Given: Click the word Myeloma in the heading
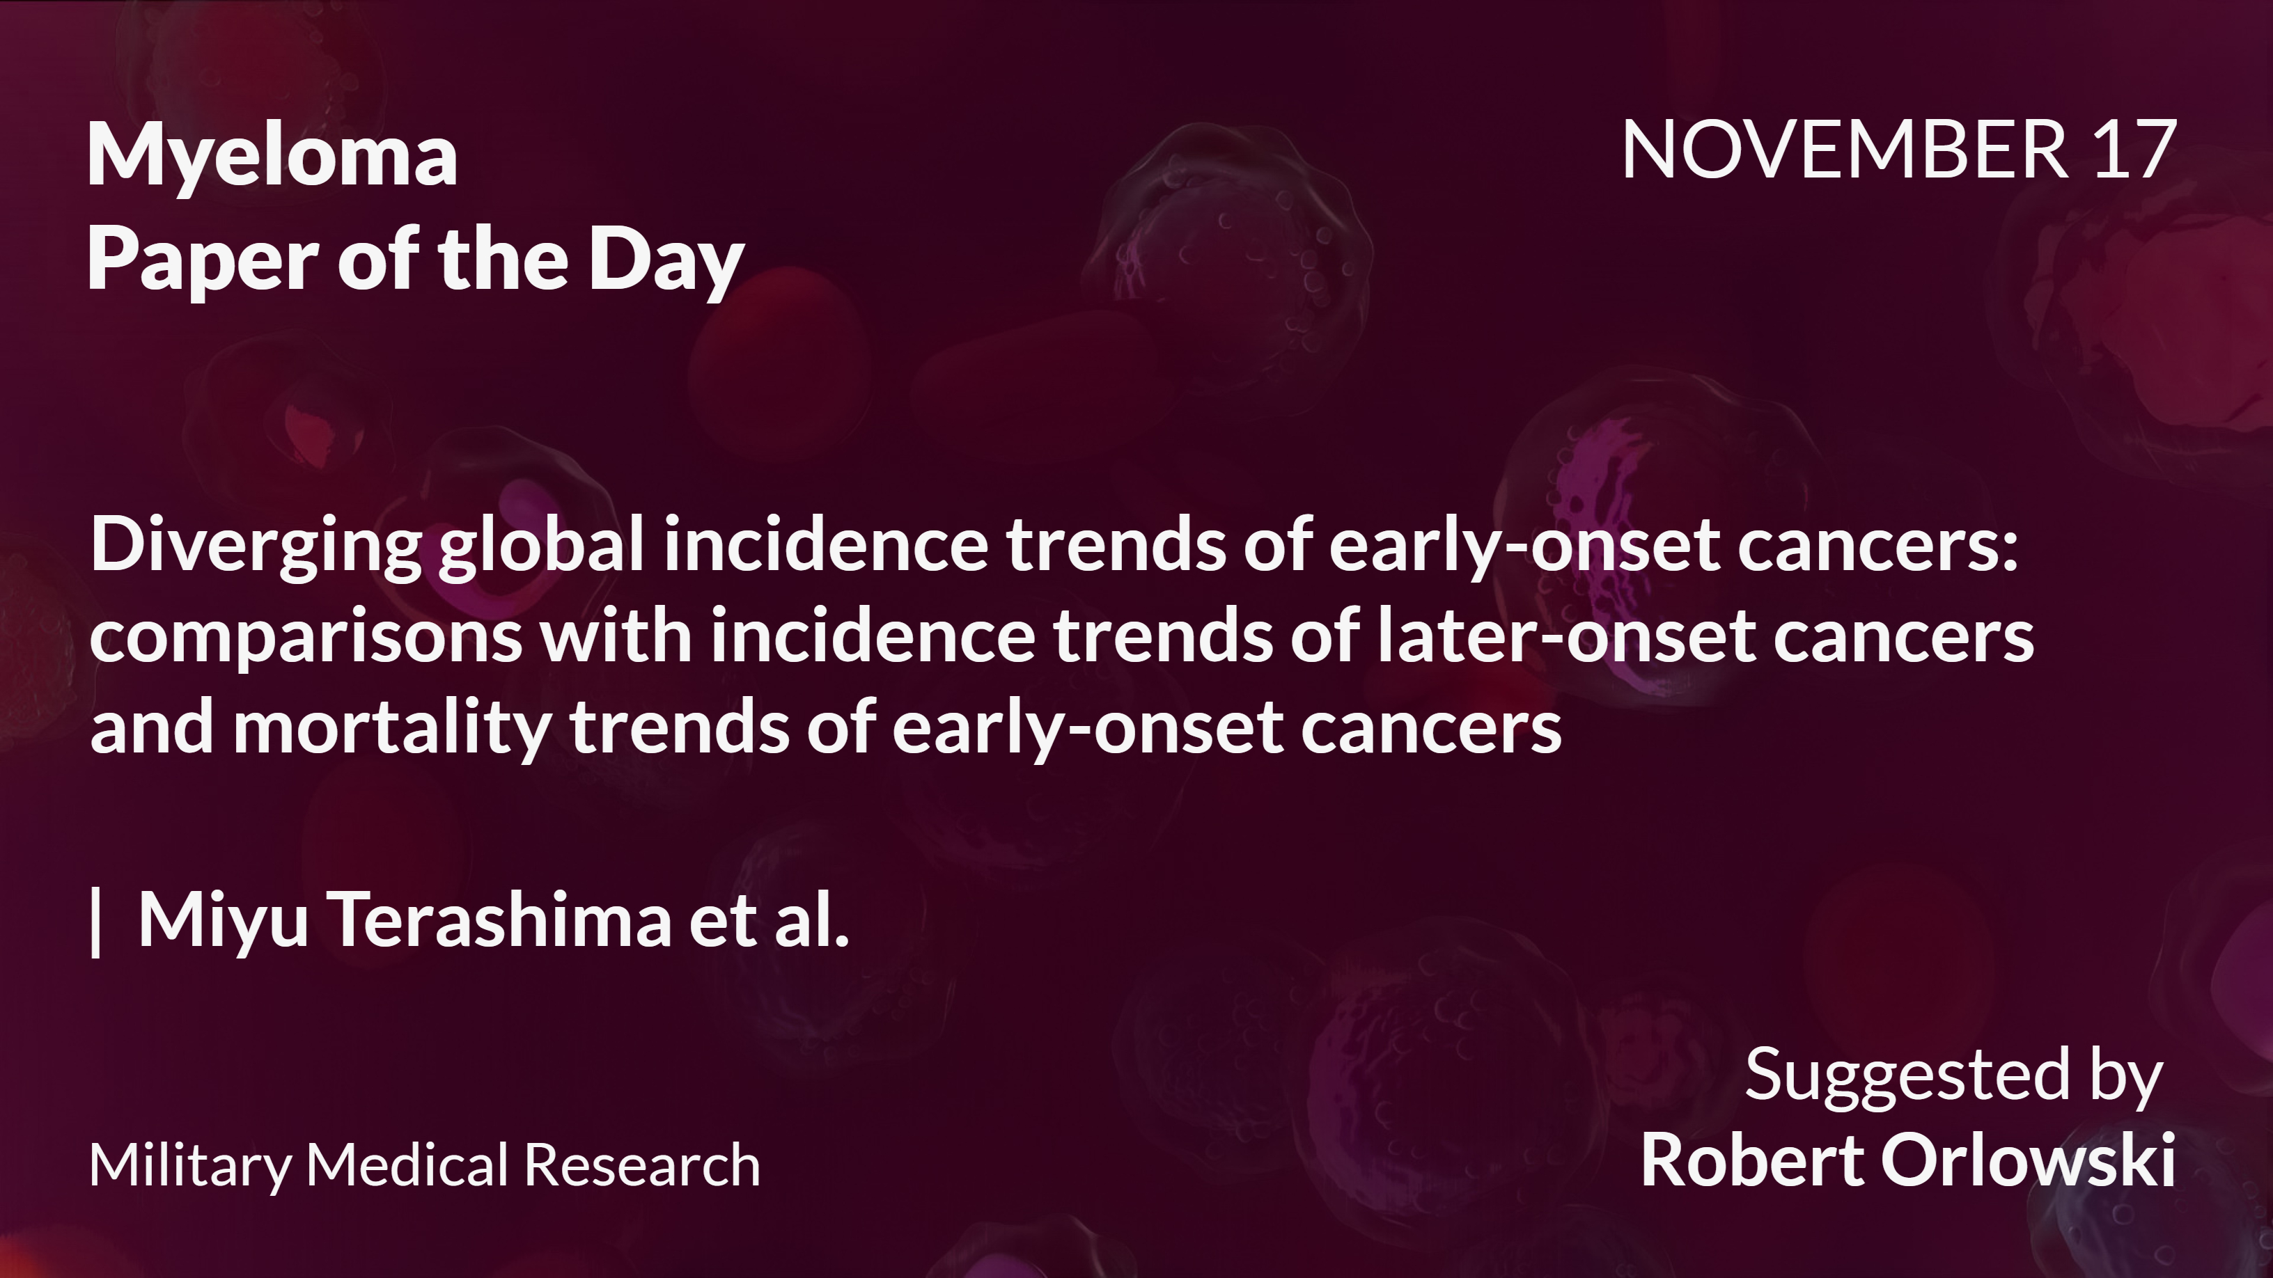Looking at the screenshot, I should point(272,156).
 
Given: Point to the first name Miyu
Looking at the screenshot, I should point(224,921).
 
